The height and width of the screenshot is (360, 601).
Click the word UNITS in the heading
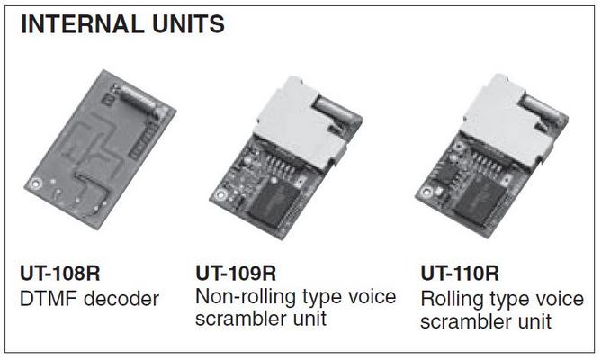pyautogui.click(x=186, y=25)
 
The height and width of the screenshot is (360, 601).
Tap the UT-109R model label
pyautogui.click(x=236, y=273)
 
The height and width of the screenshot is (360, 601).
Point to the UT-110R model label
pyautogui.click(x=460, y=273)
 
